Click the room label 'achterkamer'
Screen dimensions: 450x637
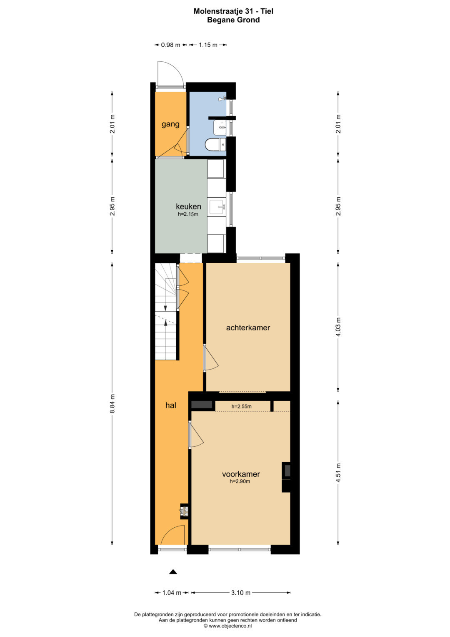coord(248,327)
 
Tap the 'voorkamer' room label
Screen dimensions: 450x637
coord(241,474)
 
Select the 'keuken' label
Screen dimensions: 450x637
coord(188,206)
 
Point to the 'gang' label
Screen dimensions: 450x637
coord(170,124)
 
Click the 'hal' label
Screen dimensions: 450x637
coord(171,405)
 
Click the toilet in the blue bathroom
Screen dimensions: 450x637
coord(215,144)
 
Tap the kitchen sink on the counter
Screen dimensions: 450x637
coord(217,207)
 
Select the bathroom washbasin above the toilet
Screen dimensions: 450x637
coord(220,128)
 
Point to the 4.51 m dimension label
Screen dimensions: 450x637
coord(338,473)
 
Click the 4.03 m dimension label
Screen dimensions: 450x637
coord(338,327)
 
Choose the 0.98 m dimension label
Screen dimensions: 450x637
coord(170,45)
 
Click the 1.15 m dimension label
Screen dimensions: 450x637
coord(208,45)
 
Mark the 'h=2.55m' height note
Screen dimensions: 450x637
coord(242,407)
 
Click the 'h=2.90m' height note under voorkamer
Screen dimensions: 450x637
coord(240,481)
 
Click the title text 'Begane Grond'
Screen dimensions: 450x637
coord(233,20)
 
